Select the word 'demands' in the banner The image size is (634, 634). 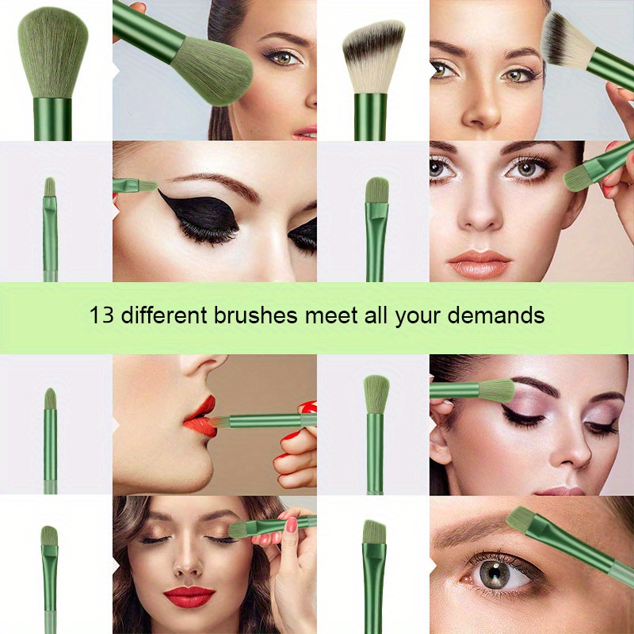pyautogui.click(x=495, y=315)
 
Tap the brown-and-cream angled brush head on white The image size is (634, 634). pyautogui.click(x=373, y=55)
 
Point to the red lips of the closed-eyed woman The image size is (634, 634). pyautogui.click(x=189, y=595)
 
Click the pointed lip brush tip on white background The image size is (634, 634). pyautogui.click(x=50, y=397)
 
